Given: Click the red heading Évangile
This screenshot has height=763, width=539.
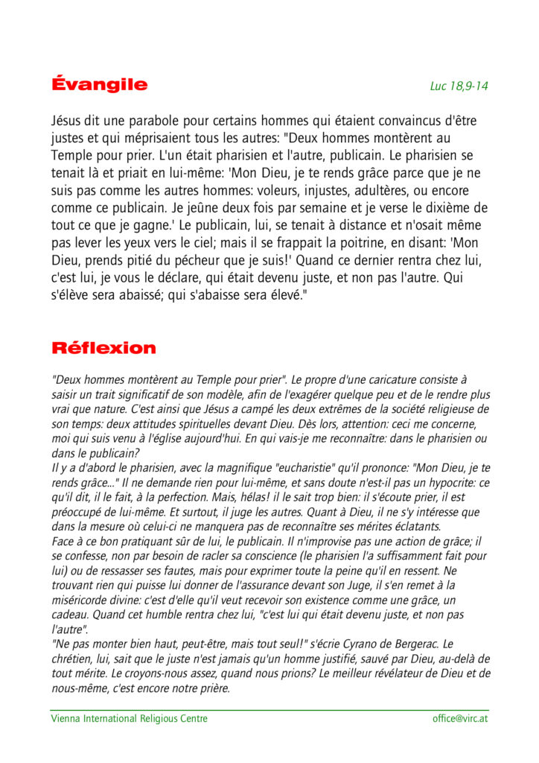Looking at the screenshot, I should click(99, 84).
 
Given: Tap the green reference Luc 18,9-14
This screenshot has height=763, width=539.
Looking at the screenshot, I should click(459, 86).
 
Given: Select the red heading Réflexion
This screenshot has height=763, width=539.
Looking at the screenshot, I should click(103, 348).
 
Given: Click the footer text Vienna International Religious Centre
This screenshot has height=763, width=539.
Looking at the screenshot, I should click(129, 719).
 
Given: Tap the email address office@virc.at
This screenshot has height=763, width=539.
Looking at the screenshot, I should click(460, 719).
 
